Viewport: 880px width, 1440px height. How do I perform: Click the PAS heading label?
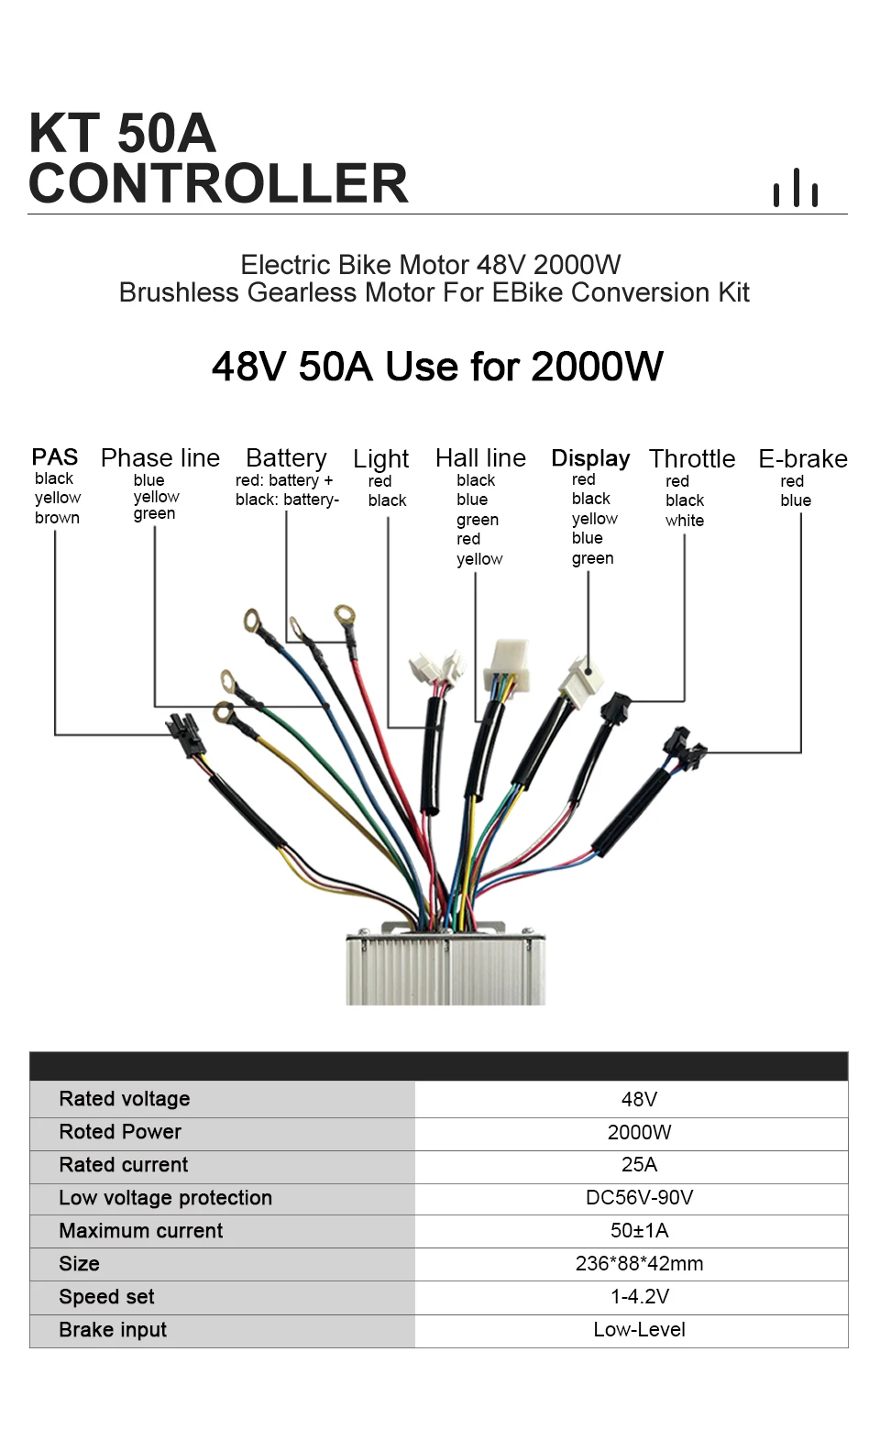coord(55,456)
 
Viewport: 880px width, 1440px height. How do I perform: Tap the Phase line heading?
coord(160,457)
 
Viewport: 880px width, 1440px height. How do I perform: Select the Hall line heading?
coord(480,457)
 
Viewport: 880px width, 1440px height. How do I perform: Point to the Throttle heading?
coord(692,458)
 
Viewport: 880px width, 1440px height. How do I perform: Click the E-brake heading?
coord(803,458)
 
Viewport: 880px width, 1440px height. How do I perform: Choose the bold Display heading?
coord(590,457)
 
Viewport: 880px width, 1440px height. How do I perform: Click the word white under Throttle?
coord(685,521)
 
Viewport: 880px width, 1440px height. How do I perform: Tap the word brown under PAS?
coord(57,518)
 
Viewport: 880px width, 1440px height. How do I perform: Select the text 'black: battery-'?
coord(287,500)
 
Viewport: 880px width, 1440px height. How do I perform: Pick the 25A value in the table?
coord(639,1165)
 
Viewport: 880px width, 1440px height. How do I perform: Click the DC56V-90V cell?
coord(639,1198)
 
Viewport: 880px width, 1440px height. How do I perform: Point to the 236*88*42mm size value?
coord(639,1264)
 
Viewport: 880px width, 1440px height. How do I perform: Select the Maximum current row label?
coord(141,1231)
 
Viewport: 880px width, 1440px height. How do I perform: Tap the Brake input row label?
coord(113,1330)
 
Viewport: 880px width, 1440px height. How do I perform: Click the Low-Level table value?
coord(639,1330)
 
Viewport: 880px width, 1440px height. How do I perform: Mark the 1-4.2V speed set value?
coord(639,1297)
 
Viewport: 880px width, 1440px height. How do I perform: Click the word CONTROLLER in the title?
coord(218,183)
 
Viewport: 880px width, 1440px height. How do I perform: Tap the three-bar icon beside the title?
coord(795,188)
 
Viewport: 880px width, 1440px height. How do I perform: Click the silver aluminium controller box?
coord(445,970)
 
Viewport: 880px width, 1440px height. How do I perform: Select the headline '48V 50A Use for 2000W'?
coord(437,367)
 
